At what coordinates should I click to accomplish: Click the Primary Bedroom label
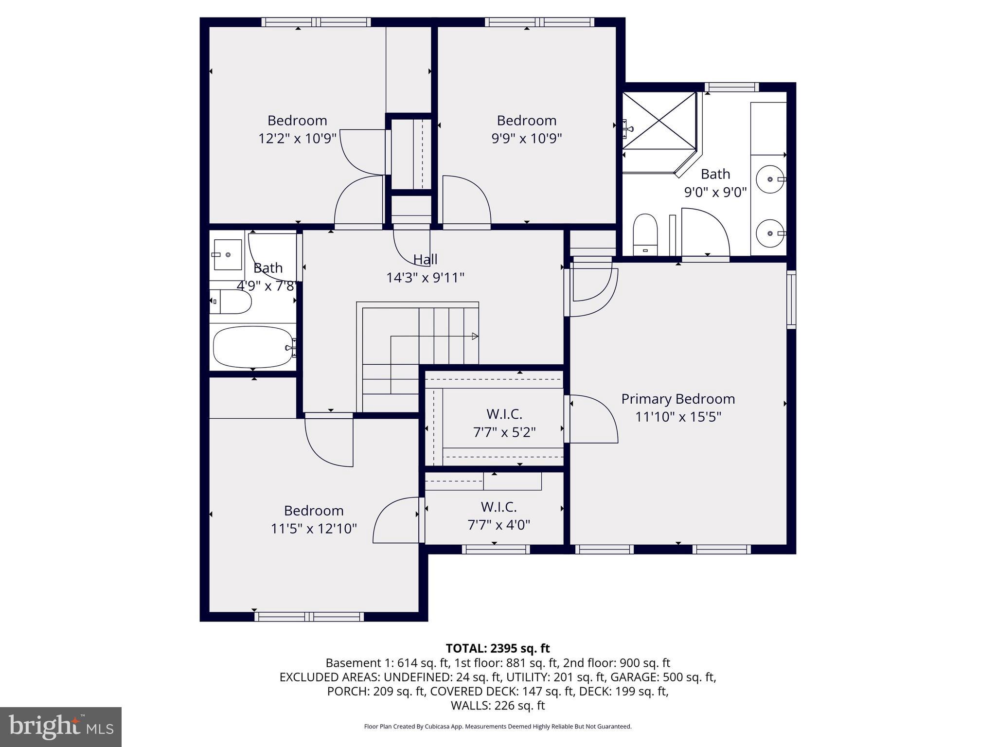click(x=678, y=399)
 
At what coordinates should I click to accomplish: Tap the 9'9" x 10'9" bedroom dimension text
click(x=527, y=139)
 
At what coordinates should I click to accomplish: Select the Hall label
click(x=425, y=260)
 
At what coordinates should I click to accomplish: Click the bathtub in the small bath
click(x=253, y=347)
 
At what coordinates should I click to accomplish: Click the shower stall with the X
click(x=659, y=121)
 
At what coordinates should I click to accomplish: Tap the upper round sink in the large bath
click(x=770, y=179)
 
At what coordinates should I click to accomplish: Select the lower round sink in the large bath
click(x=770, y=233)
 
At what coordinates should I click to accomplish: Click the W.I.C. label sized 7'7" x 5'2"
click(x=504, y=414)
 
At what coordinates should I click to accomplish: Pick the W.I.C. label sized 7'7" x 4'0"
click(x=498, y=507)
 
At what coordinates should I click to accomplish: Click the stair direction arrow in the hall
click(x=474, y=337)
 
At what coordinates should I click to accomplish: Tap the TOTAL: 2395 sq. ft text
click(x=498, y=648)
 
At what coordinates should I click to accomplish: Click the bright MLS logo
click(x=61, y=727)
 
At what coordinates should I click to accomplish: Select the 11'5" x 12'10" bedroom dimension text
click(x=314, y=529)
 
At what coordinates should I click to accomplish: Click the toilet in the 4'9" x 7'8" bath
click(x=230, y=302)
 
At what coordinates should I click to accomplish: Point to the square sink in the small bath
click(x=228, y=254)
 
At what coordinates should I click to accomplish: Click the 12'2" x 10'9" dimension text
click(x=297, y=139)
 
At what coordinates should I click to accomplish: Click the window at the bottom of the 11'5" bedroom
click(x=309, y=617)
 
